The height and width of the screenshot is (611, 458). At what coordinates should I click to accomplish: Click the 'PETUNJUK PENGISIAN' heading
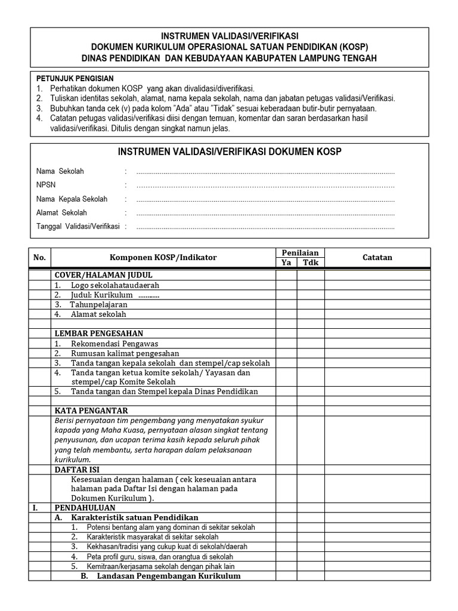[x=75, y=79]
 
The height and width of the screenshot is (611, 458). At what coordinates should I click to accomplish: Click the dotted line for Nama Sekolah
[x=265, y=172]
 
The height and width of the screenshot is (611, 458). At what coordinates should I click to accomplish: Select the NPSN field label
[x=46, y=185]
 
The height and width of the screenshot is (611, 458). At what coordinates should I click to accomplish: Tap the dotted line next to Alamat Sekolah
[x=265, y=213]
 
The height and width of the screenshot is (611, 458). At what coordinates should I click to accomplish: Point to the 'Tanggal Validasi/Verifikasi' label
[x=78, y=226]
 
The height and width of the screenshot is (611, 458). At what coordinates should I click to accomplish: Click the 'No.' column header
[x=40, y=258]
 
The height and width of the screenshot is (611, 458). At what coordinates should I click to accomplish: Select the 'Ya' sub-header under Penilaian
[x=286, y=263]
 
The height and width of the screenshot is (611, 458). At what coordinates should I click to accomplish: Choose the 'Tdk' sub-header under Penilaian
[x=311, y=263]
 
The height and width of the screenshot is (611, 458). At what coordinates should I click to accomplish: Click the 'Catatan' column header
[x=377, y=258]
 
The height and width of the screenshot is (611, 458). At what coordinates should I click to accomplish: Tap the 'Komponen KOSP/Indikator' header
[x=163, y=258]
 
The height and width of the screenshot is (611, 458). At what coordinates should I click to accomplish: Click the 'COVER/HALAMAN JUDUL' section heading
[x=104, y=275]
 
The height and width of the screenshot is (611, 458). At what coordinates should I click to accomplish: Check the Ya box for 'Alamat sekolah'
[x=286, y=314]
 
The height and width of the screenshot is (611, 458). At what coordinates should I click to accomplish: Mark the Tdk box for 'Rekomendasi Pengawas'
[x=311, y=344]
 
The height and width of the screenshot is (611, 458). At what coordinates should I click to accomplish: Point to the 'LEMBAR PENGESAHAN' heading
[x=99, y=334]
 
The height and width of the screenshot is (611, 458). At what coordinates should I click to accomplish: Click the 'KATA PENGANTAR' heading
[x=91, y=411]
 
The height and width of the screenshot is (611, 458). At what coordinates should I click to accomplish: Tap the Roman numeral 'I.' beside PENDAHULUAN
[x=36, y=507]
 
